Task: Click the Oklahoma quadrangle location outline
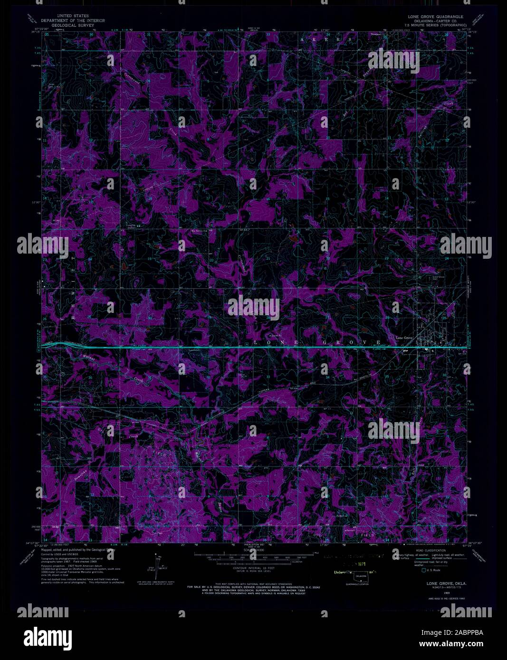point(364,576)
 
